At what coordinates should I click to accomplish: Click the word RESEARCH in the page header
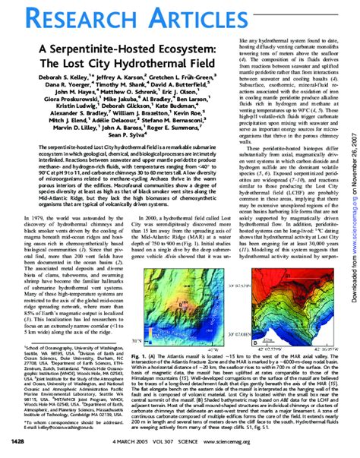pyautogui.click(x=57, y=18)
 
